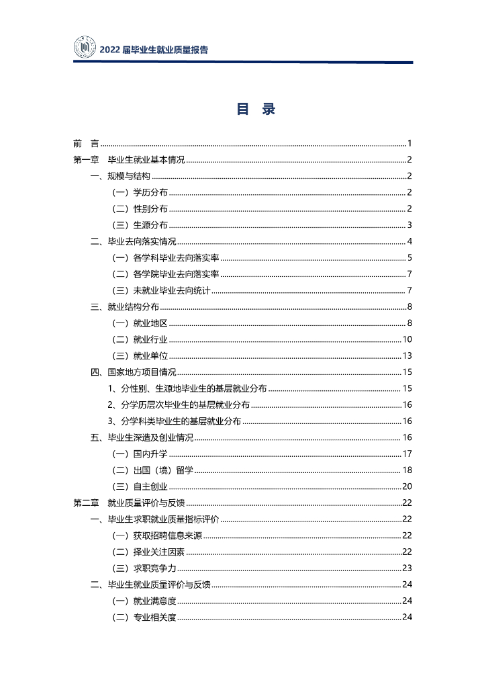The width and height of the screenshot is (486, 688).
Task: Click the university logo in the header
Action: (85, 48)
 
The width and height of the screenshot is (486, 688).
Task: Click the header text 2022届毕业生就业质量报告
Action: (154, 50)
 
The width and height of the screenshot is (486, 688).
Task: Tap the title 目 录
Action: (256, 110)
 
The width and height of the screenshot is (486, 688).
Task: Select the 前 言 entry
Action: (86, 143)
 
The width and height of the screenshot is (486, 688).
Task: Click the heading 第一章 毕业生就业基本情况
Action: (129, 160)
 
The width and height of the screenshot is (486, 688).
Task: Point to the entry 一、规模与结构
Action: (120, 176)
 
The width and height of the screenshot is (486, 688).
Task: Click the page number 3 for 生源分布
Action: (409, 225)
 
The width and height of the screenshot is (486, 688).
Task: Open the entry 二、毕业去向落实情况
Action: (133, 241)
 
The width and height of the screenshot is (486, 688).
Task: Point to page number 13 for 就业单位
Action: (407, 355)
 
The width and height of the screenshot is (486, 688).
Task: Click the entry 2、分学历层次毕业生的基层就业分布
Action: (179, 404)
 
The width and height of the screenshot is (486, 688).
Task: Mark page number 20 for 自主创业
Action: (407, 486)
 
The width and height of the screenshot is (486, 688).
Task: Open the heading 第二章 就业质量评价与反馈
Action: (129, 503)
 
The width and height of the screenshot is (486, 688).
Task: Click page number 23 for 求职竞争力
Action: (407, 568)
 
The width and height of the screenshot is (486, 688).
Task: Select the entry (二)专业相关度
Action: (144, 617)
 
